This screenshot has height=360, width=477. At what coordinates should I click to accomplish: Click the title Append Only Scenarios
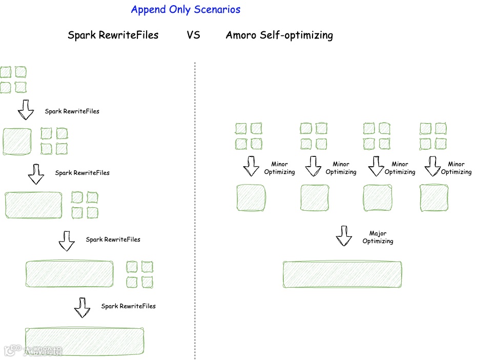[x=185, y=9]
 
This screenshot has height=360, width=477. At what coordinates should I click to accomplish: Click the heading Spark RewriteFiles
[x=113, y=35]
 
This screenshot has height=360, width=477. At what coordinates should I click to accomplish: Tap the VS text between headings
[x=193, y=35]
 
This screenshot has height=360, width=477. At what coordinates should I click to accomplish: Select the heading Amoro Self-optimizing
[x=279, y=35]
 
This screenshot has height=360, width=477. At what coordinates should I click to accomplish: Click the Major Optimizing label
[x=378, y=237]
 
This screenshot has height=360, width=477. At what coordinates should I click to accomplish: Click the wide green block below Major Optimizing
[x=342, y=274]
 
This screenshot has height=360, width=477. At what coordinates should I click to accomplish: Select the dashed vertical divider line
[x=195, y=205]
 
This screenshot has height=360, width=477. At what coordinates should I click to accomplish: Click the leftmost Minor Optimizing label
[x=279, y=168]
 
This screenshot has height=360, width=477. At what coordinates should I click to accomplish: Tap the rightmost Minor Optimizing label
[x=456, y=168]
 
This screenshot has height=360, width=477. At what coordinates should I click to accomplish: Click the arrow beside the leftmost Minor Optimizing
[x=251, y=166]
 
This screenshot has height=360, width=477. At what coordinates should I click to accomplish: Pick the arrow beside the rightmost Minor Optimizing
[x=432, y=166]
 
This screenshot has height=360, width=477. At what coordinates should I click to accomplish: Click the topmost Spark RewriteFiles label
[x=72, y=111]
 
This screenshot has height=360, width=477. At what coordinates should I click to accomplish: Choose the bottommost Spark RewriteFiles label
[x=128, y=306]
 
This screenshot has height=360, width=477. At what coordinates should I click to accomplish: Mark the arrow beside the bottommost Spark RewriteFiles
[x=82, y=307]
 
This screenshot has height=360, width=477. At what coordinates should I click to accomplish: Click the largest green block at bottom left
[x=84, y=341]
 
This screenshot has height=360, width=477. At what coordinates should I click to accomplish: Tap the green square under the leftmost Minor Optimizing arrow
[x=251, y=198]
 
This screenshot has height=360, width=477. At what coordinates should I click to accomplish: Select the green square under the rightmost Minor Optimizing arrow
[x=434, y=198]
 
